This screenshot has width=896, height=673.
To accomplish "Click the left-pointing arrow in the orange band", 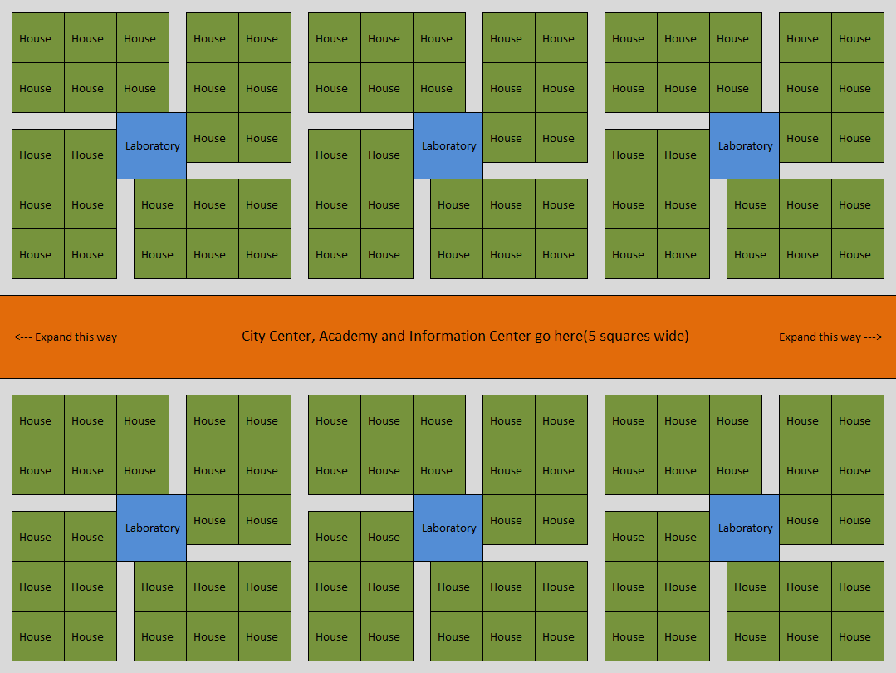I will tap(22, 337).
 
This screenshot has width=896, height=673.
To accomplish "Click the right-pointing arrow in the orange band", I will tap(873, 337).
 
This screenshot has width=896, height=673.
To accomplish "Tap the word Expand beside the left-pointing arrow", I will tap(54, 337).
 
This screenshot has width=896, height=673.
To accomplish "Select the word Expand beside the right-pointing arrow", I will tap(798, 337).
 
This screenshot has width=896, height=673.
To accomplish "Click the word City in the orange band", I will tap(255, 336).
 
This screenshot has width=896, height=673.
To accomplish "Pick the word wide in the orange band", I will tap(669, 336).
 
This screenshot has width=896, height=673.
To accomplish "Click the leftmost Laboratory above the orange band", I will tap(152, 146).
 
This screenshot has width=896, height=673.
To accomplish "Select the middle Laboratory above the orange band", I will tap(448, 146).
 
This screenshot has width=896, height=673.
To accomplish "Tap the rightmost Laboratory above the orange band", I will tap(745, 146).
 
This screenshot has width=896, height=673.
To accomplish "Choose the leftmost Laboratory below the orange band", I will tap(152, 528).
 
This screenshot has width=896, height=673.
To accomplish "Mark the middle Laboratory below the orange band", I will tap(448, 528).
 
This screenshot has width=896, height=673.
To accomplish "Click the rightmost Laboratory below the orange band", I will tap(745, 528).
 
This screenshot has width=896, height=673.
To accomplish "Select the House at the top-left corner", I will tap(36, 38).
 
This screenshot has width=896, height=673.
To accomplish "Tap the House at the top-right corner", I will tap(854, 38).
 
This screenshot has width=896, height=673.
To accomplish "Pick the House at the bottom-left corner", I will tap(36, 636).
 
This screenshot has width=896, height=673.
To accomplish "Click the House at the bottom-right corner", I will tap(854, 636).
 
